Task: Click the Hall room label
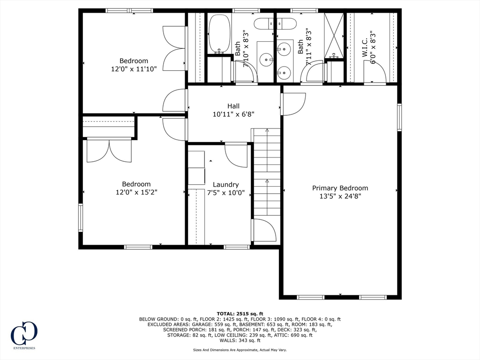point(233,106)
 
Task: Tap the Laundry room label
point(225,185)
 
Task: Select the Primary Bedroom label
point(340,188)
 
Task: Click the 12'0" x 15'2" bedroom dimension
point(136,192)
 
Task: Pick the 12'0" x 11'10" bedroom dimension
point(134,69)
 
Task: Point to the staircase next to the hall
point(266,172)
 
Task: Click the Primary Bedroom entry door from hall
point(293,104)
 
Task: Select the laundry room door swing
point(236,156)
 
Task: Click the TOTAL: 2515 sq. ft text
point(240,314)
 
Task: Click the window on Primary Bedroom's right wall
point(399,118)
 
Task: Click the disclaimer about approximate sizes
point(240,350)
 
